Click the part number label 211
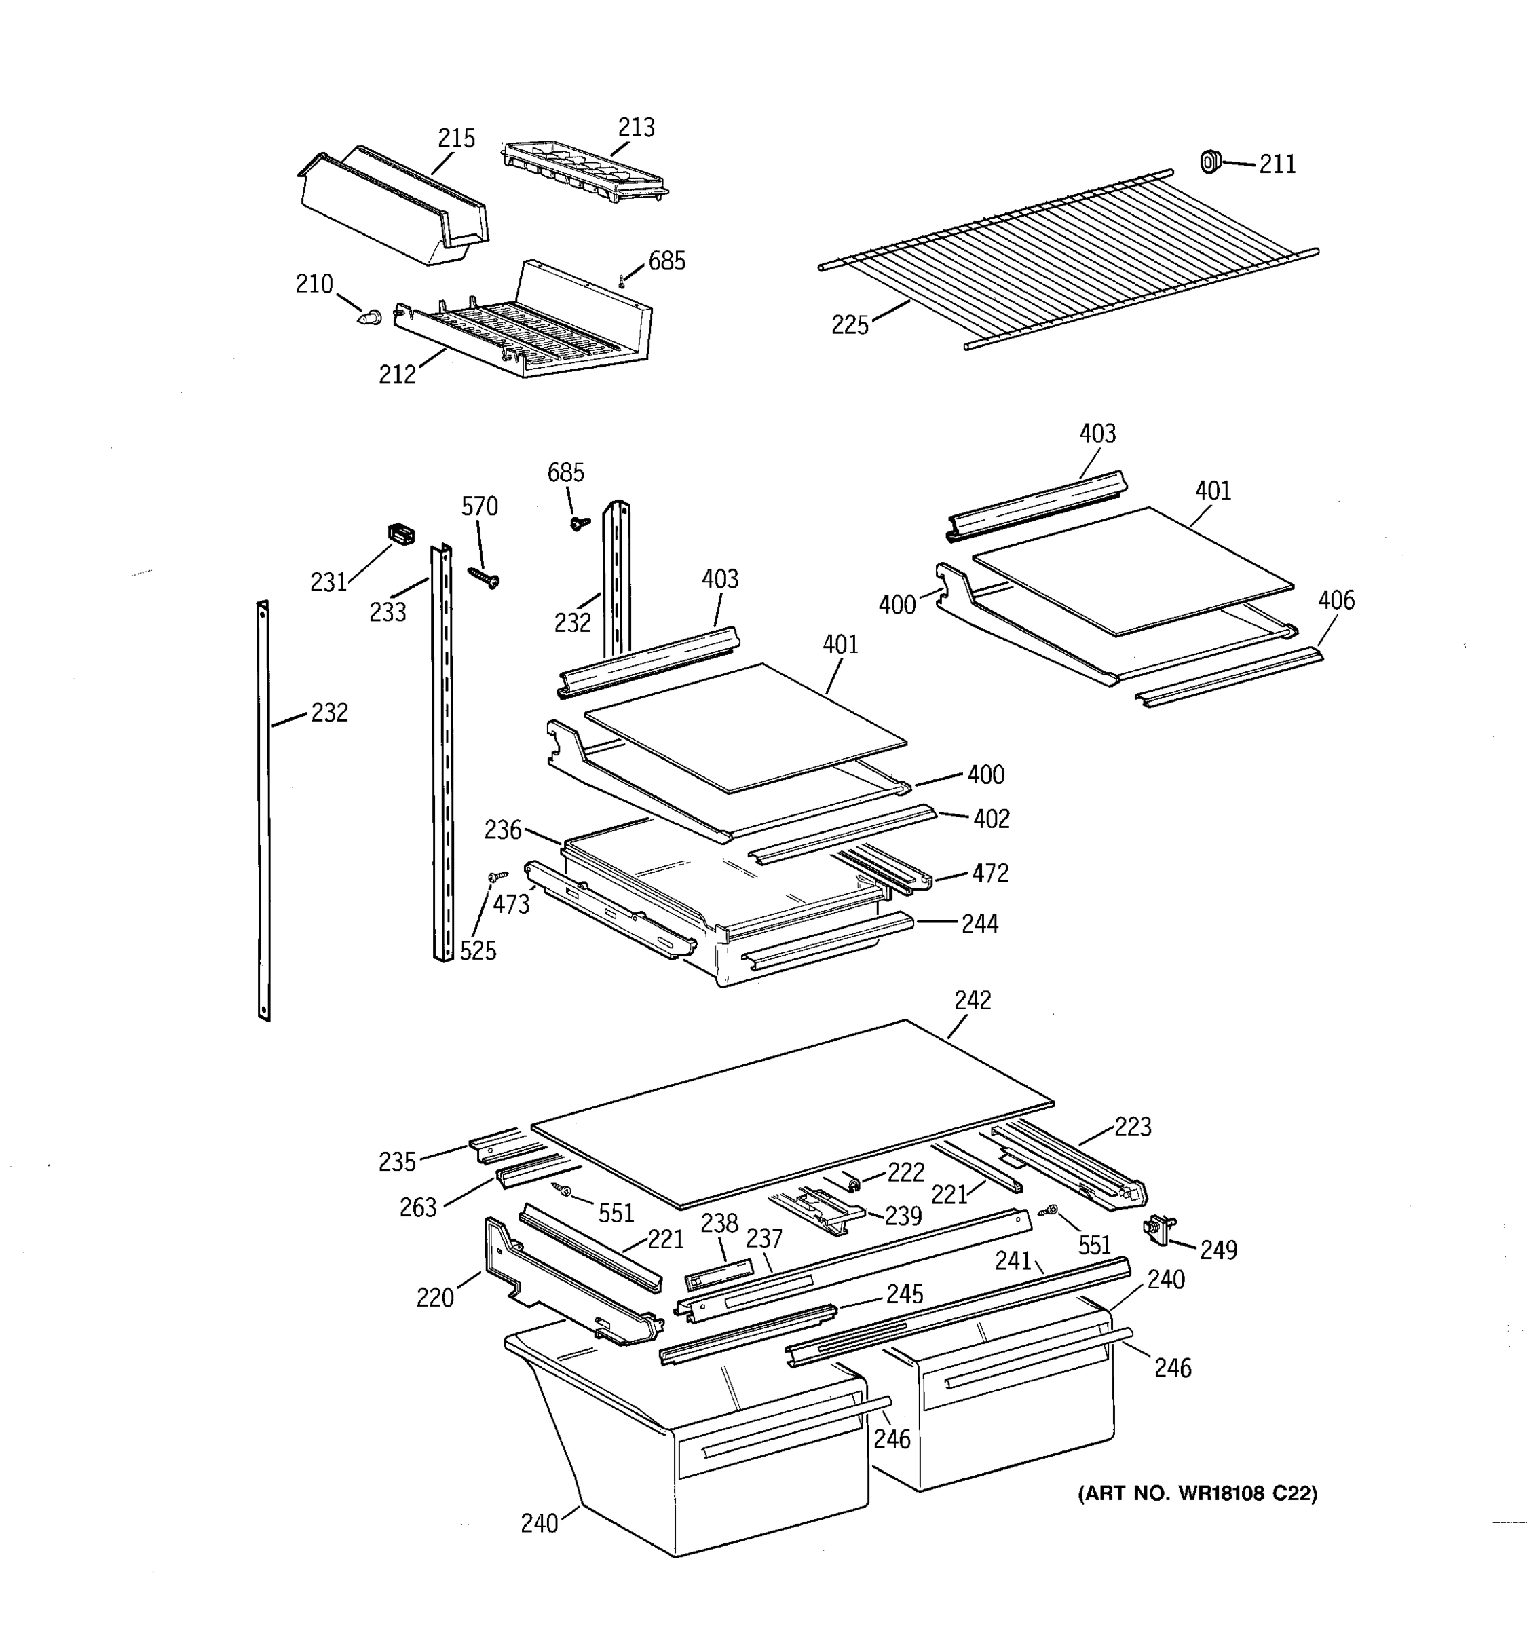click(1277, 165)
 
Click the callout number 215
click(455, 138)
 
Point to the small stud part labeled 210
click(371, 316)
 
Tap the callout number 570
click(479, 506)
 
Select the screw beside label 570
click(484, 578)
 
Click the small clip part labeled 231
click(400, 534)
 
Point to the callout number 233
click(388, 612)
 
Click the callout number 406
click(1336, 600)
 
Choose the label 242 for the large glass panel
click(973, 1000)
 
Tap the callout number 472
click(989, 873)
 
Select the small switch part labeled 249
click(1158, 1229)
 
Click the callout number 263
click(418, 1207)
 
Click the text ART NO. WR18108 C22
click(1197, 1493)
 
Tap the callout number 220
click(434, 1297)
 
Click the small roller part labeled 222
click(854, 1182)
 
